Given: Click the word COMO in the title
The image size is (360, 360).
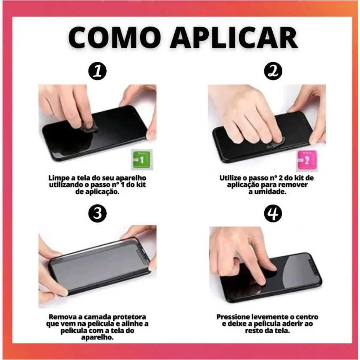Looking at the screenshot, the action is pos(115,38).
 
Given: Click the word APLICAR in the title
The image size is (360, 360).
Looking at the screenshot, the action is pos(234,38).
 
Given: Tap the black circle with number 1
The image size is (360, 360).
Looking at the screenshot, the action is pos(97,71).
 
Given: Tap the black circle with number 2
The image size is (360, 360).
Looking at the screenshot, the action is pos(273,71).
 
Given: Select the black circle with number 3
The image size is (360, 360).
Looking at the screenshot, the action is pos(97,213).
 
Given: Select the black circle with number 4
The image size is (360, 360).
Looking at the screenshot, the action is pos(273,213).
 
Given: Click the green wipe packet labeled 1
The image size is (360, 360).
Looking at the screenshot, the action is pos(142,160).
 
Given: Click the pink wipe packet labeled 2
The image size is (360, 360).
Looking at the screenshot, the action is pos(307,160).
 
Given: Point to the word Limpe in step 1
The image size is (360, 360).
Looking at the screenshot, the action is pos(58,178).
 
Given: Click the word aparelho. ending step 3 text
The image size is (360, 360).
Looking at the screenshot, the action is pos(97,337).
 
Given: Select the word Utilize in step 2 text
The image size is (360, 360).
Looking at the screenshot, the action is pos(230,178).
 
